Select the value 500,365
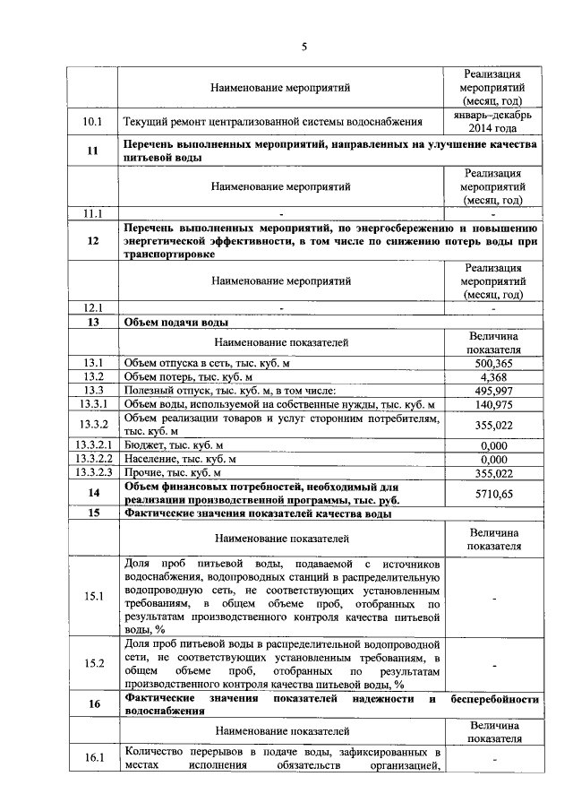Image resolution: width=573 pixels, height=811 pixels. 493,363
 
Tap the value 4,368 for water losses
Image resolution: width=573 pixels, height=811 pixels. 493,376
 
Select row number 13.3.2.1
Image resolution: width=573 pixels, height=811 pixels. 93,445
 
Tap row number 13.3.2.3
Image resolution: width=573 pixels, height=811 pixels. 93,472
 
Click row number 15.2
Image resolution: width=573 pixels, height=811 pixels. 93,663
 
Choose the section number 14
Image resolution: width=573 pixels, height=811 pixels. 93,493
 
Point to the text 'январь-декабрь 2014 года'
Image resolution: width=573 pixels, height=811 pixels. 493,121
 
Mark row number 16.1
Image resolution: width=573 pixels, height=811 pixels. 93,758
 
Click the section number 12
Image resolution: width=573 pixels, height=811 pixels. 93,241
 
